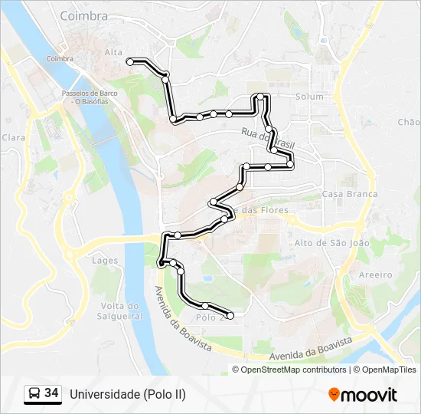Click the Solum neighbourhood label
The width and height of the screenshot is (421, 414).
[309, 97]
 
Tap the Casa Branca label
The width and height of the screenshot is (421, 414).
[350, 194]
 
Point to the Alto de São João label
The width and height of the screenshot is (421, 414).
[331, 242]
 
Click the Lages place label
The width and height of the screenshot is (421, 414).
[105, 261]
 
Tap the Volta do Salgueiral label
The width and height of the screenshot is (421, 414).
[121, 310]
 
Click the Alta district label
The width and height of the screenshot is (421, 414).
[113, 52]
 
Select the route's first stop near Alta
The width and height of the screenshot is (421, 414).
[130, 61]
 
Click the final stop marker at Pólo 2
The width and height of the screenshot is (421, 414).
[230, 315]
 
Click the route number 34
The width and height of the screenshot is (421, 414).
[51, 393]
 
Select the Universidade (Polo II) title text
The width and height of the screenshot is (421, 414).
[128, 394]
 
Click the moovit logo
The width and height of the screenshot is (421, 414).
[363, 395]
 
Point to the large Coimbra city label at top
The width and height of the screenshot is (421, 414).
[83, 15]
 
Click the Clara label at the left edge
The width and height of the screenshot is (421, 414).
[14, 137]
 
